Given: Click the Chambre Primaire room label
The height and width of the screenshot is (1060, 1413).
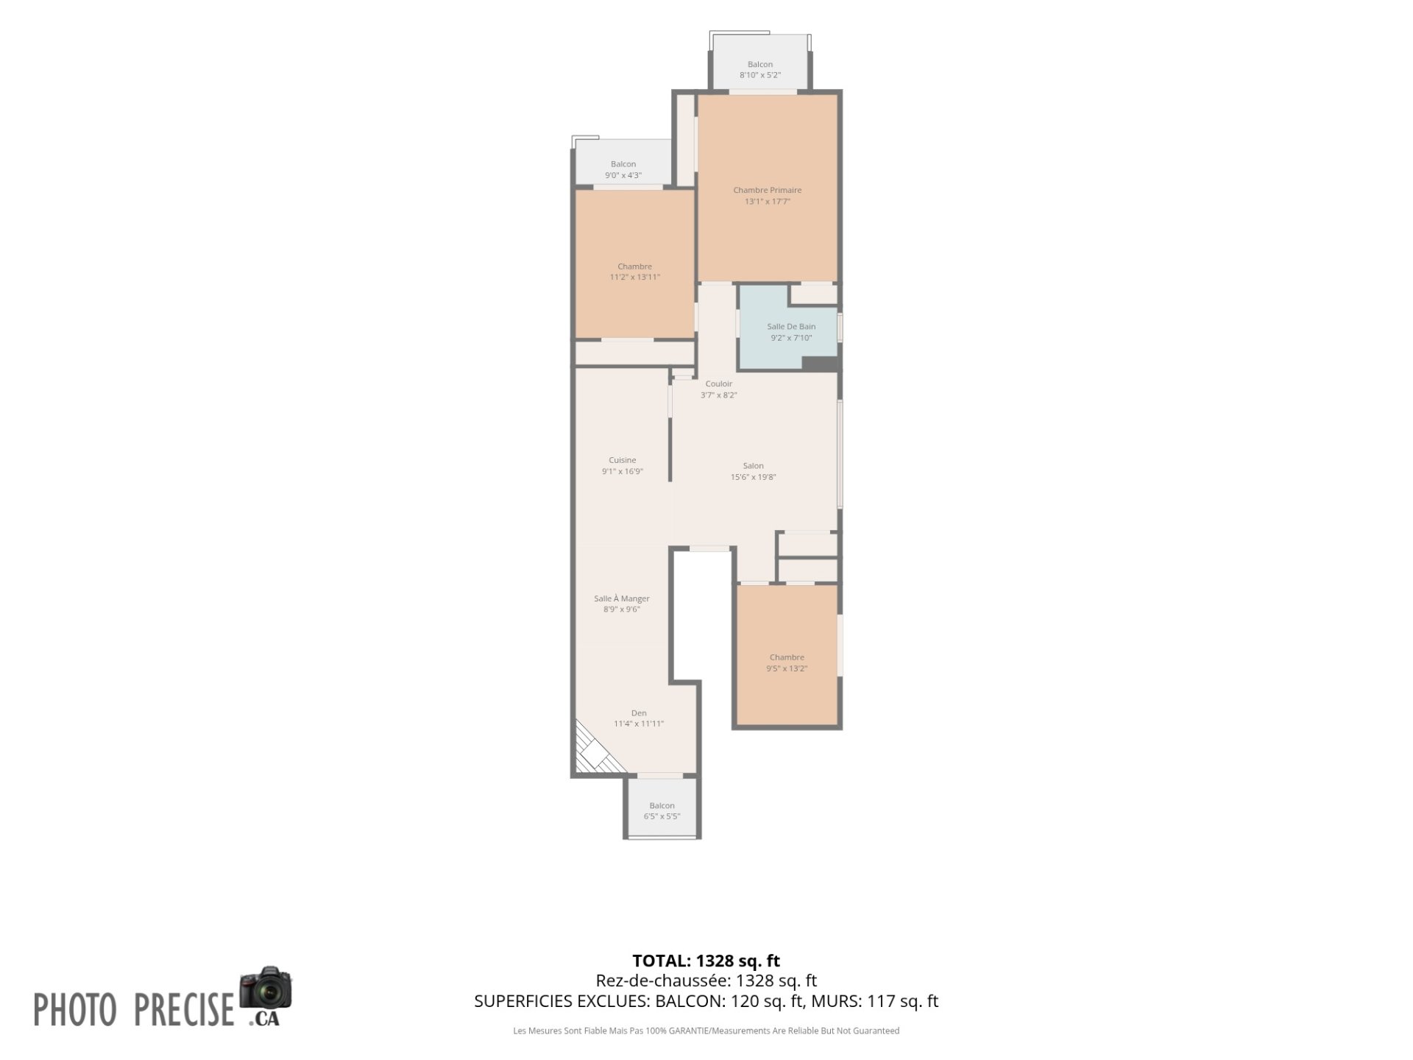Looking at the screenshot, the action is click(767, 190).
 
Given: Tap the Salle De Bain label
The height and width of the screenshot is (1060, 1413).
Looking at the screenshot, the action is click(791, 326).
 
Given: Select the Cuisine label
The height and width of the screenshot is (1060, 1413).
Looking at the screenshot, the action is click(622, 460).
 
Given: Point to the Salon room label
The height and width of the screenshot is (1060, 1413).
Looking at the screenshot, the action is click(753, 465).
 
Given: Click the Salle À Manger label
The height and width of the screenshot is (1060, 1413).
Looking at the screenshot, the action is click(622, 598).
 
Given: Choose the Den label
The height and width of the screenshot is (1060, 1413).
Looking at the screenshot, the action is click(639, 713).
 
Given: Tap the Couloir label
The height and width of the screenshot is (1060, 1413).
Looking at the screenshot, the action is click(719, 384).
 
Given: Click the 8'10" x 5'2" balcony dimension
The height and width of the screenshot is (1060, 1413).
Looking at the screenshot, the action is click(760, 75).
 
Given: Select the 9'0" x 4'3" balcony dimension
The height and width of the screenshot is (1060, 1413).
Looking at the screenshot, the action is click(623, 175).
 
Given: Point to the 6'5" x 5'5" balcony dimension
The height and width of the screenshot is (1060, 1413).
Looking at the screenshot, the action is click(662, 816).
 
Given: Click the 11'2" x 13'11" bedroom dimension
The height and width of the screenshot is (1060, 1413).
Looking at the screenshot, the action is click(635, 278).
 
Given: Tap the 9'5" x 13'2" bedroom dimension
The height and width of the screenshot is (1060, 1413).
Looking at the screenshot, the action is click(787, 668).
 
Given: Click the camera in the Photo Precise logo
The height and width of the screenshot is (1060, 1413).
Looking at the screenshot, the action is click(266, 989).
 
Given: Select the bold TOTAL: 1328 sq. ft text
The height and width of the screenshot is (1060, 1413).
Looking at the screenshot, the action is click(706, 961).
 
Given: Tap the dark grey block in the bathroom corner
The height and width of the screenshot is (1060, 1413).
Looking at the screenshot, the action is click(820, 364).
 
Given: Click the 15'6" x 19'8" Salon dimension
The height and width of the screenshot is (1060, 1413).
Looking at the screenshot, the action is click(753, 477).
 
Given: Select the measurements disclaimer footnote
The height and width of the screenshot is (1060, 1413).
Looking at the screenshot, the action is click(706, 1031).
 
